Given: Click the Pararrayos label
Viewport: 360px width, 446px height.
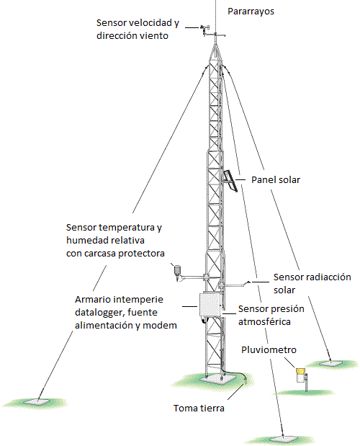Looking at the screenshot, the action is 251,12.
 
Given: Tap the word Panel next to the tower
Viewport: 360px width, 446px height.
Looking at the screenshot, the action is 261,179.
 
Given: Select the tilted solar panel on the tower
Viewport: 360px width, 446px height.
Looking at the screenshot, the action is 230,181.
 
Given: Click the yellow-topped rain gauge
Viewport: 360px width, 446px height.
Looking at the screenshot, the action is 301,375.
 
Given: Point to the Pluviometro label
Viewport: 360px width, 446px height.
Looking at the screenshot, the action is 269,349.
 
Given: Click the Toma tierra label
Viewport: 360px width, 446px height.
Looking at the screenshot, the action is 199,408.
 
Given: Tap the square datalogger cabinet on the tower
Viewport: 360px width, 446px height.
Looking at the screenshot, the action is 210,304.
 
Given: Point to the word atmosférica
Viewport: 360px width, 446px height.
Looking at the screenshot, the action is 264,321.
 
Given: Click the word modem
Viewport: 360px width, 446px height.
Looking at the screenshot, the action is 160,325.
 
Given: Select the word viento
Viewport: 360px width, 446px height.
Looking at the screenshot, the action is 156,36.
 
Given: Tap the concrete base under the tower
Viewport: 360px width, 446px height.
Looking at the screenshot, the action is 217,378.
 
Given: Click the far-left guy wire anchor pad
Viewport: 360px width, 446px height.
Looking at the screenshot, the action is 37,401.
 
